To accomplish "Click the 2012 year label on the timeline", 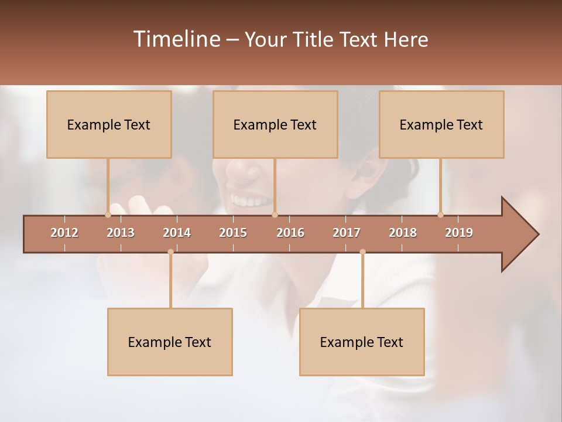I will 64,233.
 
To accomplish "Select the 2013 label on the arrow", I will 121,233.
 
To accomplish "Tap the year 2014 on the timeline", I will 177,233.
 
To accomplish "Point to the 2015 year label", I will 233,233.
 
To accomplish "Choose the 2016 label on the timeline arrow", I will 290,233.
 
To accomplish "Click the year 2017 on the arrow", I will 347,233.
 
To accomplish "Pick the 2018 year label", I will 403,233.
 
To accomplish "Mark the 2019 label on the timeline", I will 459,233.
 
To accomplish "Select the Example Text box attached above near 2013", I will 109,124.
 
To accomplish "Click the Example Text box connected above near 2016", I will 275,124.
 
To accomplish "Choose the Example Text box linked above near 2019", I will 441,124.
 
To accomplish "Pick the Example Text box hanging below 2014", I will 170,342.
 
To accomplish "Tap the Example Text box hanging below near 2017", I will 362,342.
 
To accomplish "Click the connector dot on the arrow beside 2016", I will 275,215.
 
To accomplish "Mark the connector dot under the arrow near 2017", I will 362,252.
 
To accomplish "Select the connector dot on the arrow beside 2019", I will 441,215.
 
